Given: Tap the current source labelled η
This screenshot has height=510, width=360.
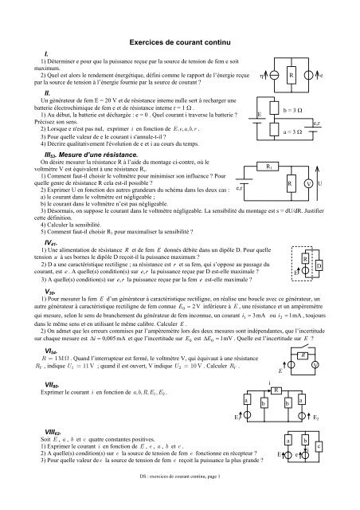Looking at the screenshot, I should coord(274,77).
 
